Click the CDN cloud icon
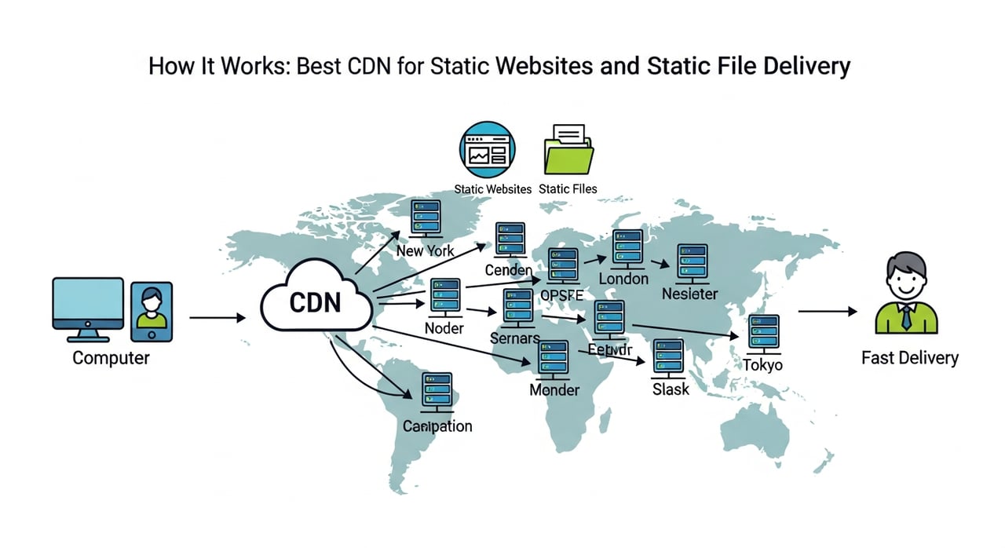[x=315, y=300]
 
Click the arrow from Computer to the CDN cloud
[x=217, y=318]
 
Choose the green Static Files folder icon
[x=568, y=152]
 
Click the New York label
[x=425, y=251]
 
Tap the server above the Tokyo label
[x=763, y=332]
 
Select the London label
[x=623, y=279]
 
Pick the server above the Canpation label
[x=437, y=392]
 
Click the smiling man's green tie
[x=907, y=317]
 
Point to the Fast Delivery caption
[x=909, y=358]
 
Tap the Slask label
[x=671, y=389]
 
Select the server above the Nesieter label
[x=692, y=263]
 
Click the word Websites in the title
[x=543, y=66]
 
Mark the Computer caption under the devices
[x=111, y=358]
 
